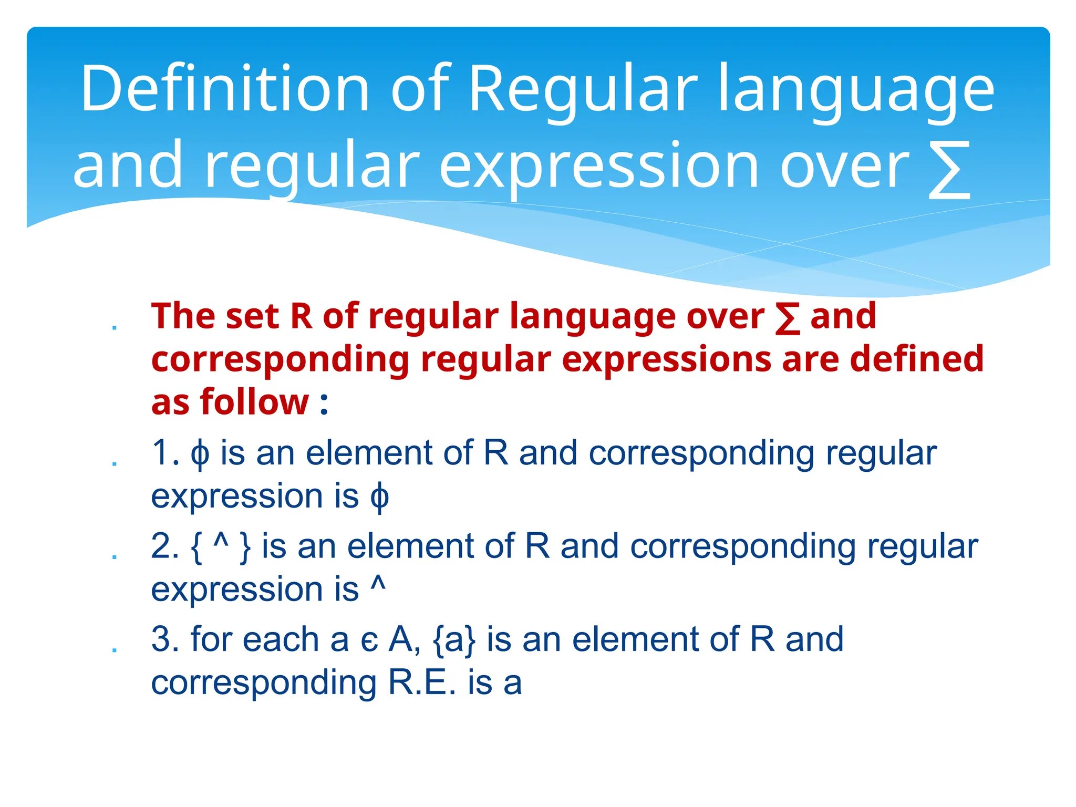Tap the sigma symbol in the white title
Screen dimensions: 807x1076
[x=948, y=169]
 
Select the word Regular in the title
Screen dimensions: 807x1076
[x=583, y=88]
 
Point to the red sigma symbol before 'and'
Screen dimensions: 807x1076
[x=788, y=318]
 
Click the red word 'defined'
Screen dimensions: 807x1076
[x=916, y=359]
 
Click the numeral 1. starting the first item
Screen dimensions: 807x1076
[x=165, y=453]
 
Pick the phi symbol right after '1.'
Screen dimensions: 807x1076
[x=200, y=455]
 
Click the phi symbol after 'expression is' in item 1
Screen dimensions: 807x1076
[x=379, y=498]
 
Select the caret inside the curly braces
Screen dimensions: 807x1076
[x=221, y=541]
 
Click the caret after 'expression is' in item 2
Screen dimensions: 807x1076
[x=378, y=583]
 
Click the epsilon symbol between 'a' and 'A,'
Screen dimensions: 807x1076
[x=369, y=642]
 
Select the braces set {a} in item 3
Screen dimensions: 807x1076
[x=454, y=640]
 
